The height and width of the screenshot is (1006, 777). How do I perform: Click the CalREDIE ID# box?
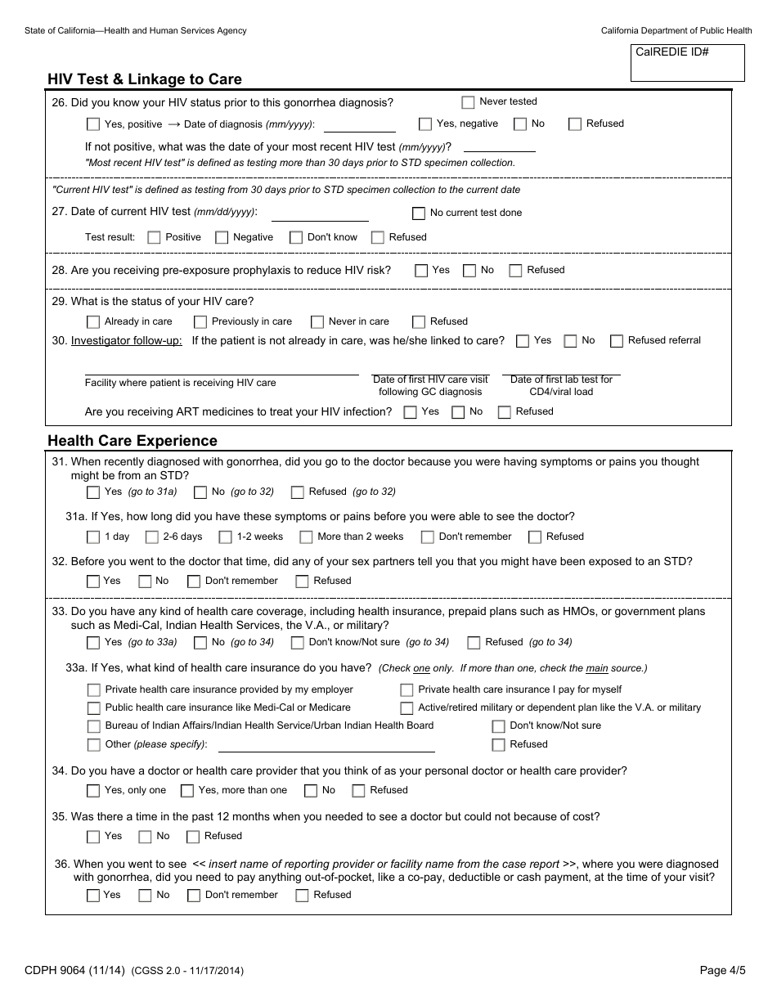click(688, 63)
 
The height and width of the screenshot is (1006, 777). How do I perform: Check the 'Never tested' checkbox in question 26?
click(468, 102)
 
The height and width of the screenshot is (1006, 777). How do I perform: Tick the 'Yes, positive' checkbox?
click(93, 124)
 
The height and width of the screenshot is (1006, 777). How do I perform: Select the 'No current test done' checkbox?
click(419, 213)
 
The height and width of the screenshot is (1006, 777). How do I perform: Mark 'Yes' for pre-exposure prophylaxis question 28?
click(421, 271)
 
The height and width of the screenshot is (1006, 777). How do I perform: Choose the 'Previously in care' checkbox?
click(200, 322)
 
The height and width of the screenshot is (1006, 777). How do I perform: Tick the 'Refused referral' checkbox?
click(617, 341)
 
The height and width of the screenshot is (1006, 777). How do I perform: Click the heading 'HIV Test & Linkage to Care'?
click(145, 79)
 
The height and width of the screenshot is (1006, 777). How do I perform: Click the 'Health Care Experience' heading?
click(132, 441)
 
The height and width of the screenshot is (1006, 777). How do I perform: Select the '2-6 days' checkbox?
click(152, 537)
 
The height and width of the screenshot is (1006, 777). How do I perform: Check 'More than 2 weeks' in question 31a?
click(306, 537)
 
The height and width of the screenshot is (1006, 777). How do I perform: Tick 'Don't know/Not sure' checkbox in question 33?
click(298, 643)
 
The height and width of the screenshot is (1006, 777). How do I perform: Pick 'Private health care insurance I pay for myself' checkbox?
click(406, 690)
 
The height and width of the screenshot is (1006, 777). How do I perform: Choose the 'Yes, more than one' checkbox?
click(187, 791)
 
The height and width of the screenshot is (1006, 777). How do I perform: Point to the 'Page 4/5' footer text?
click(722, 971)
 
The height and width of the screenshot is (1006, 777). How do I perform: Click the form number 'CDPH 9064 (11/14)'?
click(74, 971)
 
